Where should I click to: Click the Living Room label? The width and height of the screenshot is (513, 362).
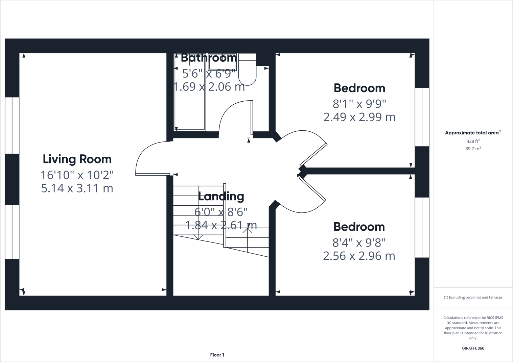click(77, 159)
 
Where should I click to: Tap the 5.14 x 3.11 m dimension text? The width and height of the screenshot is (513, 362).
click(77, 188)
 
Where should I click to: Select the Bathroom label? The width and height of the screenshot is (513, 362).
click(209, 58)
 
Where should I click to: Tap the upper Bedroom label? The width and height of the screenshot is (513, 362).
click(359, 88)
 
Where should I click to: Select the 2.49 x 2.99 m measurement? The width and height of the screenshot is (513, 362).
click(359, 117)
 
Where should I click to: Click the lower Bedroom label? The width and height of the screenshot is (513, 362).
click(359, 227)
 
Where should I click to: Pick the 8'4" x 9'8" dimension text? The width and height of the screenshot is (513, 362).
click(359, 242)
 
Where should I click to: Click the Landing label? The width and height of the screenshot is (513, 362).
click(221, 196)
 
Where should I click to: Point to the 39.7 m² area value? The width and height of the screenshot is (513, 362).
click(473, 149)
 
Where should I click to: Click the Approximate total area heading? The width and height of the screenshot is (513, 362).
click(472, 133)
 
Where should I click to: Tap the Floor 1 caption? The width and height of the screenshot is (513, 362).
click(217, 355)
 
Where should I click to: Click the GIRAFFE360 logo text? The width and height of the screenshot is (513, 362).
click(473, 348)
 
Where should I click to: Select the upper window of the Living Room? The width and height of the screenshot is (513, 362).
click(12, 125)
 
